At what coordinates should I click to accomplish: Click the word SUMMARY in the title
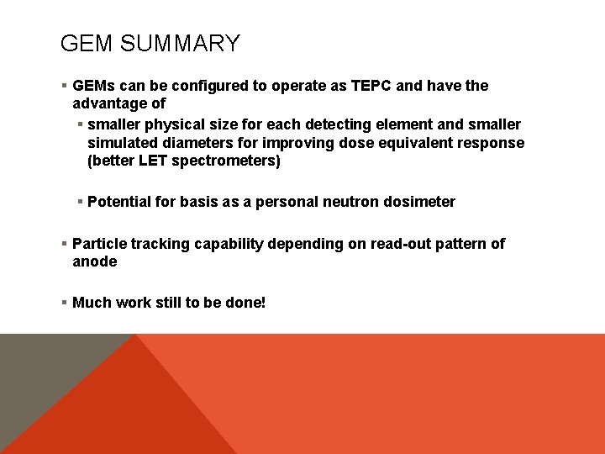[180, 44]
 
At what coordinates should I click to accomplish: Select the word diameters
[193, 143]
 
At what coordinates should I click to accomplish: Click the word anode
[95, 261]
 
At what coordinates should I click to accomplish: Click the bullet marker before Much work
[65, 302]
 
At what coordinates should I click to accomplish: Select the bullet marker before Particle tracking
[65, 244]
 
